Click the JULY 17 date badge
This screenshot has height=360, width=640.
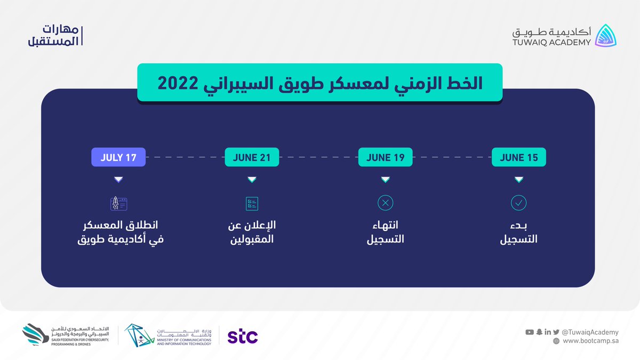[x=118, y=157]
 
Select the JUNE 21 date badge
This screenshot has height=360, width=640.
[x=252, y=157]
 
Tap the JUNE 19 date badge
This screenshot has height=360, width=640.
[x=385, y=157]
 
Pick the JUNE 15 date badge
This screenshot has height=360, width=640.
[x=518, y=157]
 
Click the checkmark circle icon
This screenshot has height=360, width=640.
[x=518, y=203]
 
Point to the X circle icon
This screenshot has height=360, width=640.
[x=385, y=203]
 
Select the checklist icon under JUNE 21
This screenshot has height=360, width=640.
[x=252, y=203]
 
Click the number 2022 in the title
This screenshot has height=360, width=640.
[x=178, y=83]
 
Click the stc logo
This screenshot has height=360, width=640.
[x=243, y=336]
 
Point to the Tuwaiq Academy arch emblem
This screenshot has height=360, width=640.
[x=605, y=36]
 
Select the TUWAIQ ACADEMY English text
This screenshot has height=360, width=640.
[x=551, y=43]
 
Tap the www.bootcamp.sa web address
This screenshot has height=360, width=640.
[x=590, y=341]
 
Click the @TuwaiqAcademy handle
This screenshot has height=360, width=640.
[x=590, y=332]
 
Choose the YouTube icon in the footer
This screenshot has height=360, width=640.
[x=530, y=332]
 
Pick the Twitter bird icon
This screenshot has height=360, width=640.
[x=556, y=332]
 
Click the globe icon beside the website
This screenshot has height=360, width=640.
[x=556, y=341]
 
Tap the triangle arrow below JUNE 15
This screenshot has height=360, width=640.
[x=519, y=179]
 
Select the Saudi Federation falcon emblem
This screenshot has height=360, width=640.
[x=35, y=334]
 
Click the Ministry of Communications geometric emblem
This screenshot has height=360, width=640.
[x=139, y=335]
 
